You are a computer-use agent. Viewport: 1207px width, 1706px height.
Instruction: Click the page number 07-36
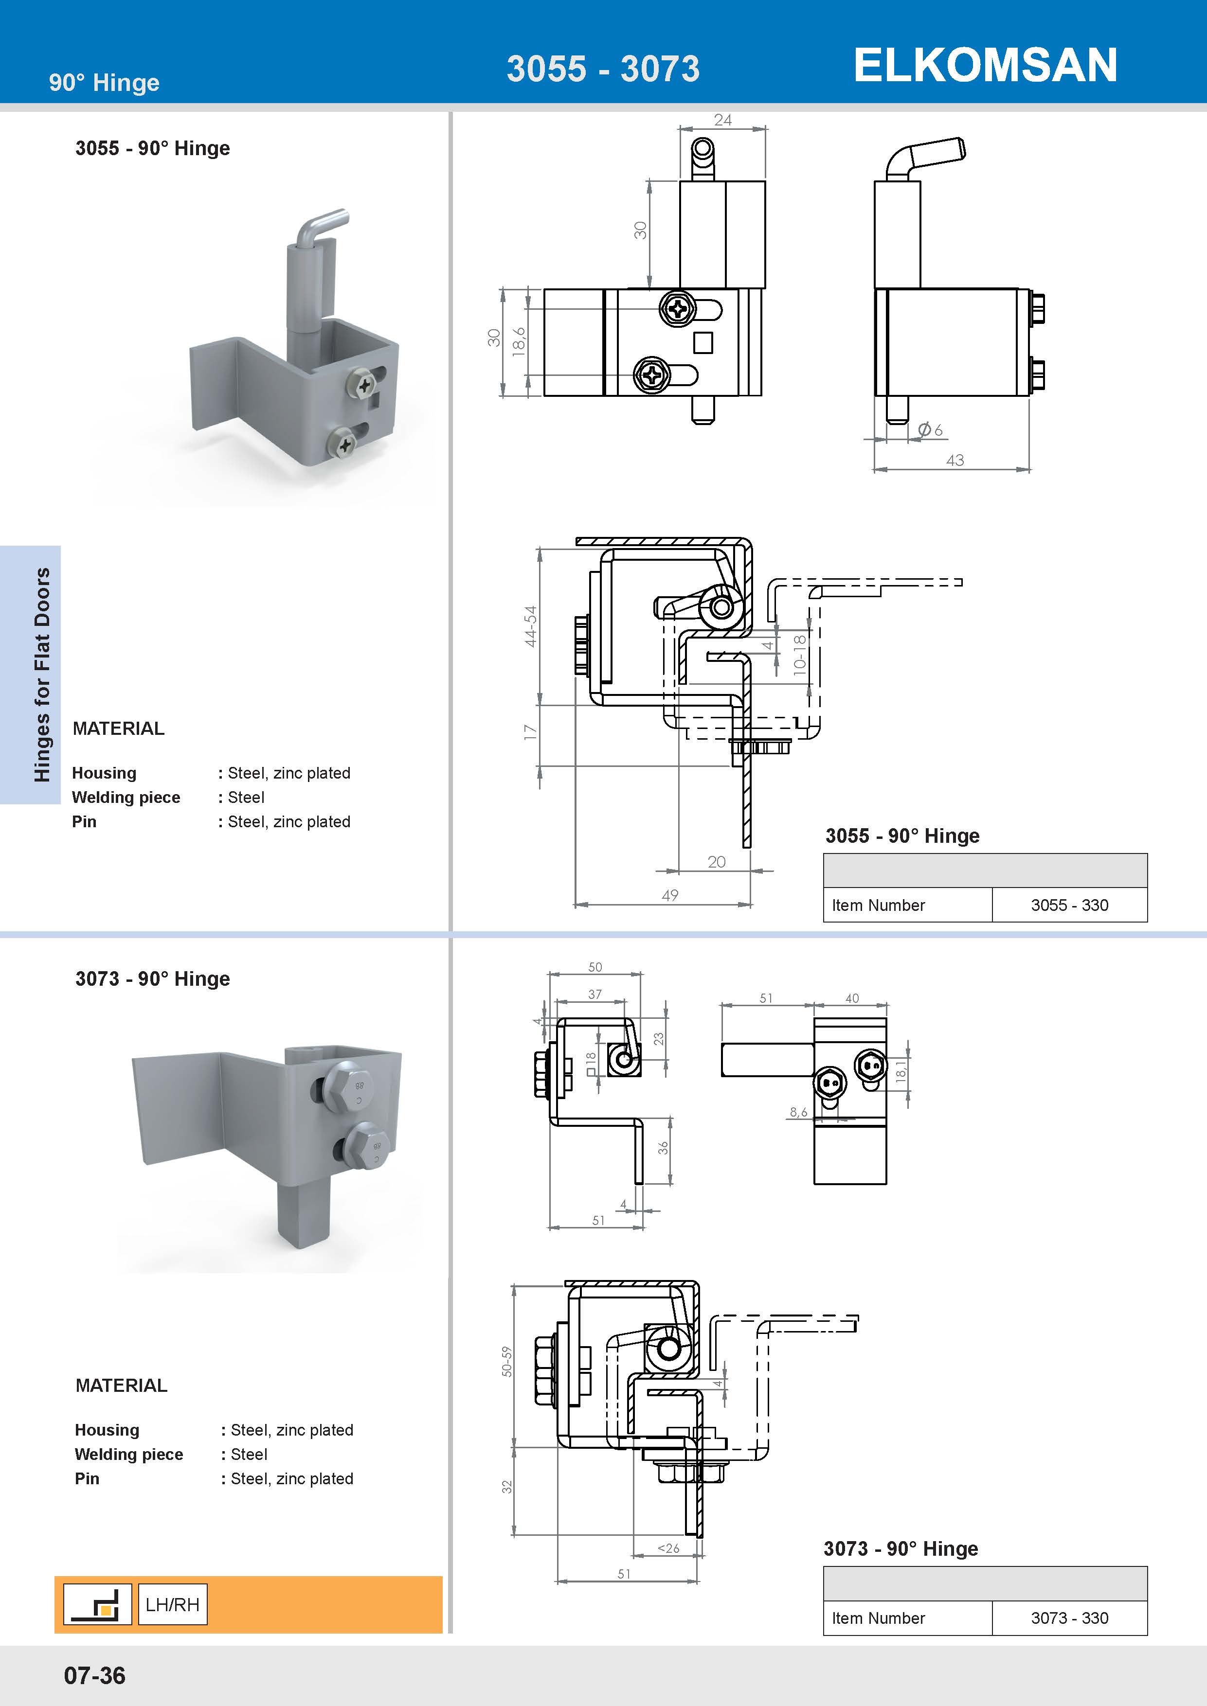click(x=94, y=1675)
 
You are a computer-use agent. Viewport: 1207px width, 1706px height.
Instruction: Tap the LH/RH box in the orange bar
click(x=172, y=1604)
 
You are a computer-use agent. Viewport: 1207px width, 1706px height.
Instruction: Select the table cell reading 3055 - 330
click(x=1069, y=905)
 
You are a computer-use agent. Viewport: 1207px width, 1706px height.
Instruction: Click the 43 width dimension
click(x=955, y=461)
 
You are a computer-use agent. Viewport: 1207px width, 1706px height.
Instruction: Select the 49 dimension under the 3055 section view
click(x=669, y=895)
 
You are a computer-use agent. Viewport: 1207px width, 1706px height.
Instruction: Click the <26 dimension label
click(x=668, y=1548)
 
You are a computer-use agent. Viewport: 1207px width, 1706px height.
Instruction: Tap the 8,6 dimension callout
click(x=798, y=1112)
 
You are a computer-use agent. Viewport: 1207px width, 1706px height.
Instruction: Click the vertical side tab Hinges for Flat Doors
click(x=42, y=675)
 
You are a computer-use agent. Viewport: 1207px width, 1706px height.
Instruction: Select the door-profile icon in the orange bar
click(x=97, y=1604)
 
